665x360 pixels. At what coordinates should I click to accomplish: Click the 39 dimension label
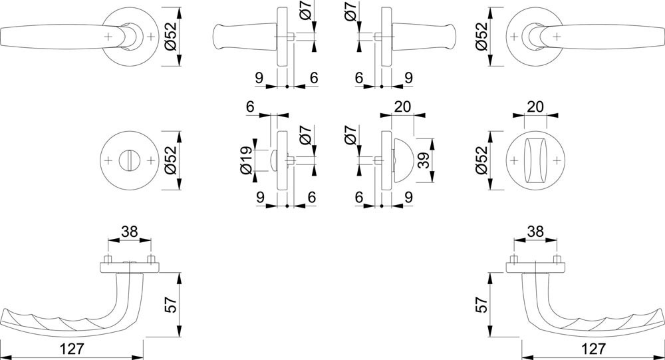pyautogui.click(x=424, y=160)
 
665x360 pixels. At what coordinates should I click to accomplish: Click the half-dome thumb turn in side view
pyautogui.click(x=402, y=160)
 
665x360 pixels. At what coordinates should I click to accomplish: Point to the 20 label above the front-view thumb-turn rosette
pyautogui.click(x=535, y=106)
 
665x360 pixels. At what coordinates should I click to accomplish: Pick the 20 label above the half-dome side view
pyautogui.click(x=402, y=106)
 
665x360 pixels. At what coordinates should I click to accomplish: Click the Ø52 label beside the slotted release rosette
pyautogui.click(x=169, y=160)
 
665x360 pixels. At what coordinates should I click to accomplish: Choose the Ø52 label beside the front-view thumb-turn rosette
pyautogui.click(x=481, y=160)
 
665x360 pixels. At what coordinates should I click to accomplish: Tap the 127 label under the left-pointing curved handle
pyautogui.click(x=72, y=349)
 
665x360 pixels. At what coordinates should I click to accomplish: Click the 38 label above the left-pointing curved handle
pyautogui.click(x=130, y=232)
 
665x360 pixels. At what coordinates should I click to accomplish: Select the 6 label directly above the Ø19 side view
pyautogui.click(x=250, y=106)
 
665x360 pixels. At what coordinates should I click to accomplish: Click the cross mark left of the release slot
pyautogui.click(x=108, y=160)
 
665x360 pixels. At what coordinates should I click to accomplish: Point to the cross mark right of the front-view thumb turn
pyautogui.click(x=558, y=160)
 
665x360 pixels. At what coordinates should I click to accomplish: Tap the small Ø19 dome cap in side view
pyautogui.click(x=273, y=160)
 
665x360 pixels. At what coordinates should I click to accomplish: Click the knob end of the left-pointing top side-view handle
pyautogui.click(x=219, y=37)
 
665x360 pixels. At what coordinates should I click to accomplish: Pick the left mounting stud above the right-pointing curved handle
pyautogui.click(x=514, y=259)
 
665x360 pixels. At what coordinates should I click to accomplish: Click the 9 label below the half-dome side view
pyautogui.click(x=408, y=197)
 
